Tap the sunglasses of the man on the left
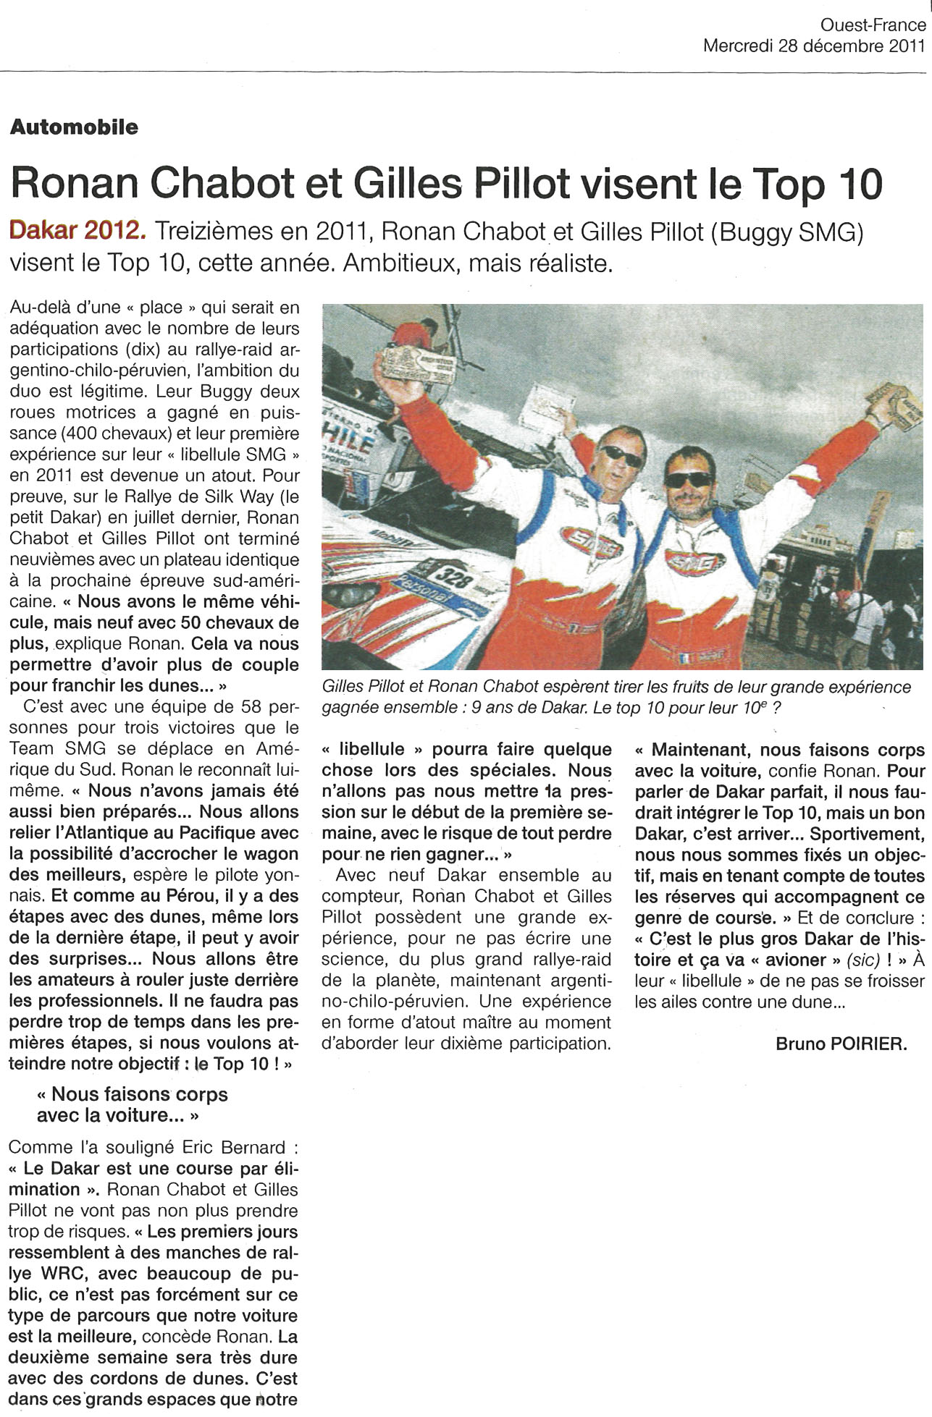coord(621,455)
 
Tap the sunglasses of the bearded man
coord(688,479)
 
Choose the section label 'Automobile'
coord(74,127)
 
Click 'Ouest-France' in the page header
coord(873,26)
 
